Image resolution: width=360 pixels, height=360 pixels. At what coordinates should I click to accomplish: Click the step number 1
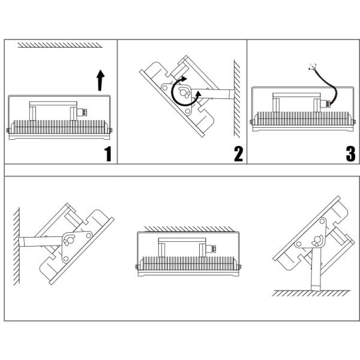click(107, 154)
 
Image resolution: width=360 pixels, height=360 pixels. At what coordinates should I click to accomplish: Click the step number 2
click(238, 154)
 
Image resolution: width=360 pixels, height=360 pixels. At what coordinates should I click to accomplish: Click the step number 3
click(350, 154)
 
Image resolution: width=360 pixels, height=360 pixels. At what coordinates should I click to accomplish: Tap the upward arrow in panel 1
click(100, 80)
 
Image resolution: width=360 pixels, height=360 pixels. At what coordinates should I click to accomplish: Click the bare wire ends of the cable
click(312, 67)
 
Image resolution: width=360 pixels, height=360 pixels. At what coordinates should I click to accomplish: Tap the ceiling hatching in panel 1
click(60, 45)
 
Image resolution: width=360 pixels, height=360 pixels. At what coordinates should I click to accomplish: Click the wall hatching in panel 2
click(237, 99)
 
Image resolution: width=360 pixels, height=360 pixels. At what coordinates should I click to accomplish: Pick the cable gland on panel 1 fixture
click(82, 113)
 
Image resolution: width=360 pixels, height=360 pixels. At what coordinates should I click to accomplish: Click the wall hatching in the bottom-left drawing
click(16, 247)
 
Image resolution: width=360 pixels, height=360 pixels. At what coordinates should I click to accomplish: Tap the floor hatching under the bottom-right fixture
click(311, 293)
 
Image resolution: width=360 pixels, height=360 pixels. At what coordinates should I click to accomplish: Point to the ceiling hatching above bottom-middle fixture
click(189, 229)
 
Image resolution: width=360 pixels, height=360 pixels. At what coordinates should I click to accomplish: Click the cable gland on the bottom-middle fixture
click(211, 248)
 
